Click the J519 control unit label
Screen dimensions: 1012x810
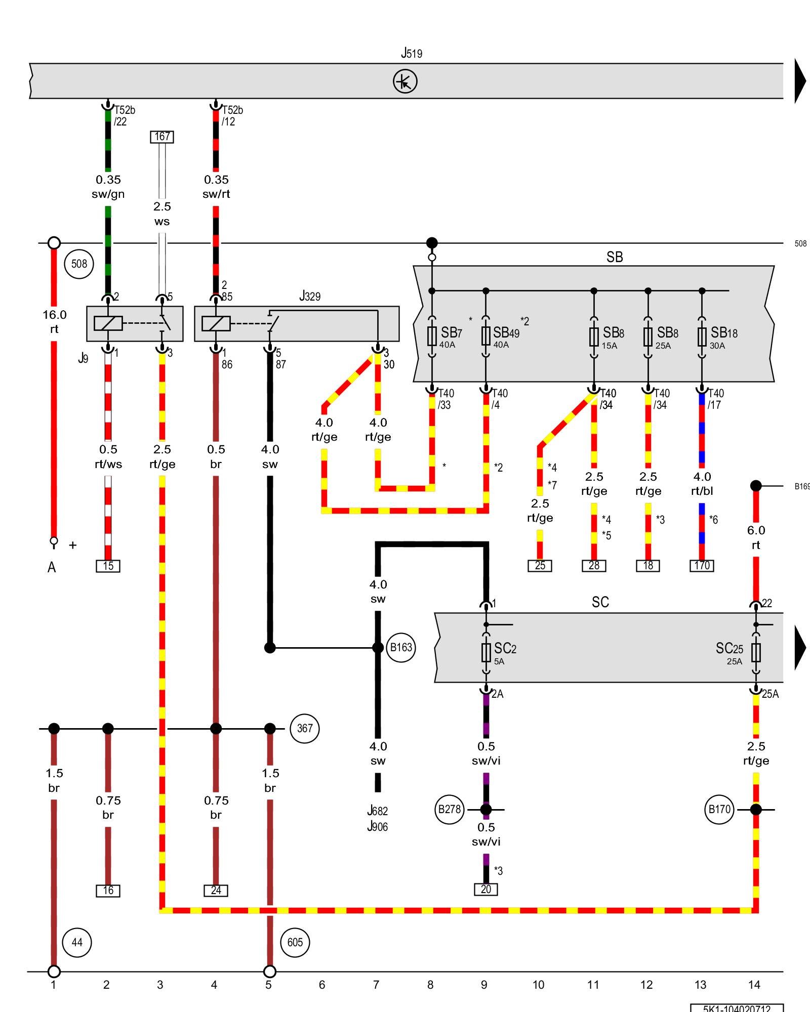pyautogui.click(x=411, y=53)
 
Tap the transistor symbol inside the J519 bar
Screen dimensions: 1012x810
pyautogui.click(x=405, y=81)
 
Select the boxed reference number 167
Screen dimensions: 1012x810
pyautogui.click(x=162, y=137)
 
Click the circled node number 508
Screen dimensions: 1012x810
pyautogui.click(x=79, y=264)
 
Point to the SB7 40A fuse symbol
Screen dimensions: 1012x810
pyautogui.click(x=432, y=335)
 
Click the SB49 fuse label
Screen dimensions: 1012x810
pyautogui.click(x=506, y=332)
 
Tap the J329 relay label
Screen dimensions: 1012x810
pyautogui.click(x=309, y=296)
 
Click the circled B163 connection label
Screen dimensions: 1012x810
pyautogui.click(x=401, y=647)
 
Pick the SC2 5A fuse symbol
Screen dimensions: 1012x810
pyautogui.click(x=486, y=652)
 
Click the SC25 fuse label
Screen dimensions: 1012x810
pyautogui.click(x=729, y=649)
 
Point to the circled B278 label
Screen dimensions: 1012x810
pyautogui.click(x=449, y=809)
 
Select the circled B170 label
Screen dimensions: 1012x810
pyautogui.click(x=719, y=809)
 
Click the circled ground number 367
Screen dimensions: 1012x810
pyautogui.click(x=304, y=728)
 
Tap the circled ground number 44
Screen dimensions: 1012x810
pyautogui.click(x=77, y=942)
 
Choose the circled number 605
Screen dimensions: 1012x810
pyautogui.click(x=295, y=942)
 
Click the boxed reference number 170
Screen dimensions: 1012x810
pyautogui.click(x=702, y=566)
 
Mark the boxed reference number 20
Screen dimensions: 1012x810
pyautogui.click(x=486, y=889)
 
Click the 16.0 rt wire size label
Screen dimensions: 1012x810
pyautogui.click(x=54, y=322)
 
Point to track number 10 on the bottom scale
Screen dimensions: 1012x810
pyautogui.click(x=538, y=985)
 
